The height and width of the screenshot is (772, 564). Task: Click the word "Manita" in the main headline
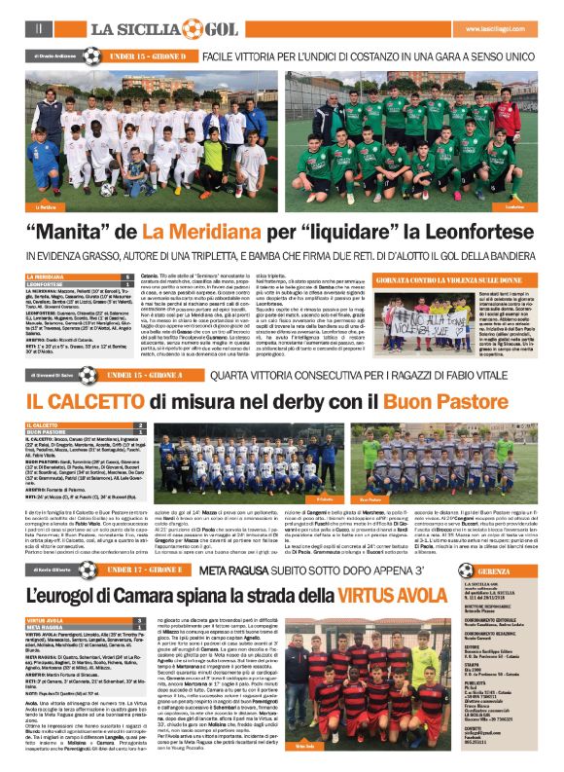coord(92,233)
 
